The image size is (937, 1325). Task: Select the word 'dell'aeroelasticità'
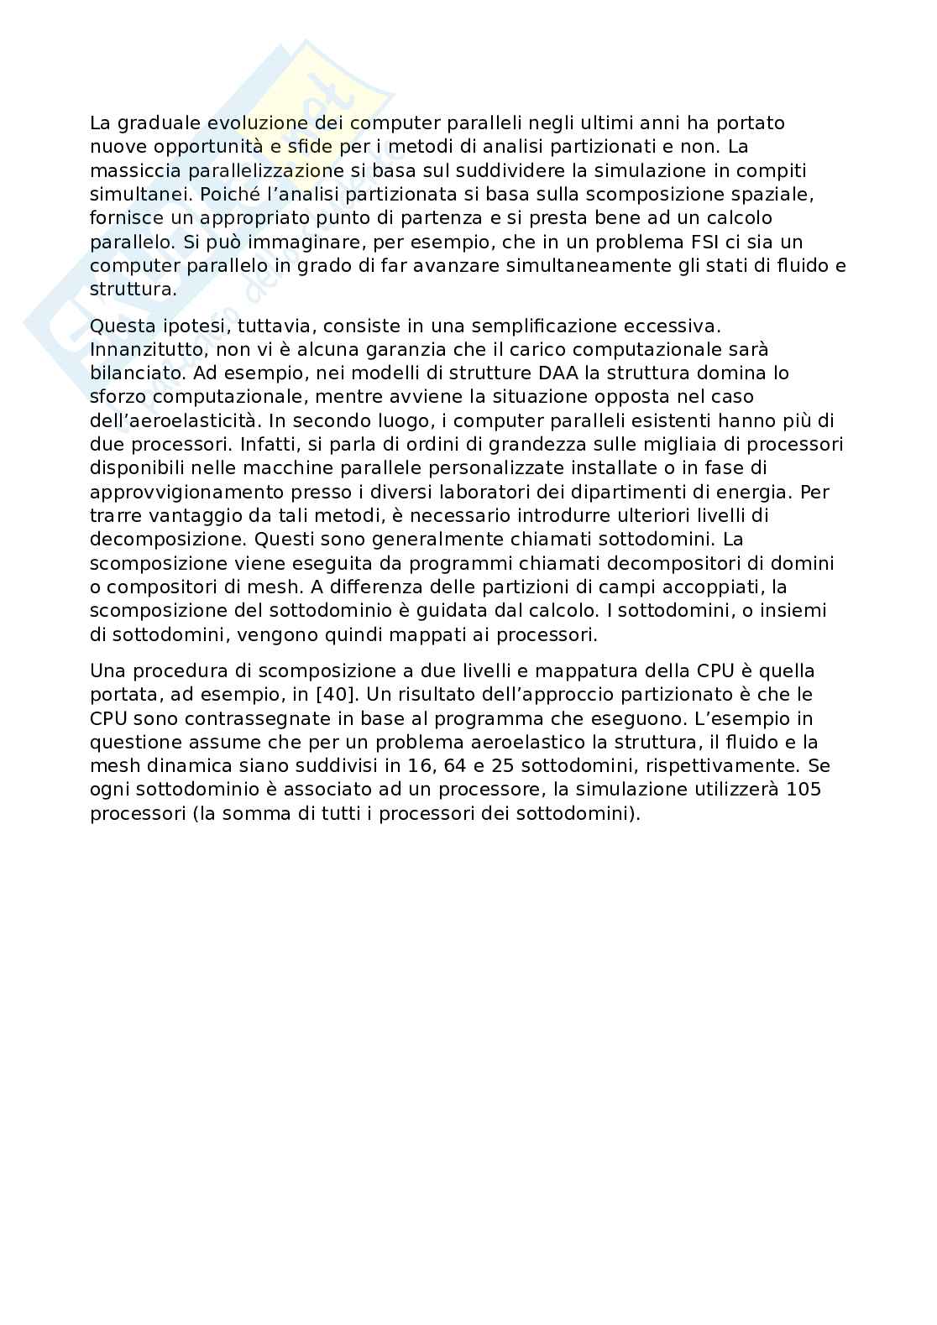tap(166, 420)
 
